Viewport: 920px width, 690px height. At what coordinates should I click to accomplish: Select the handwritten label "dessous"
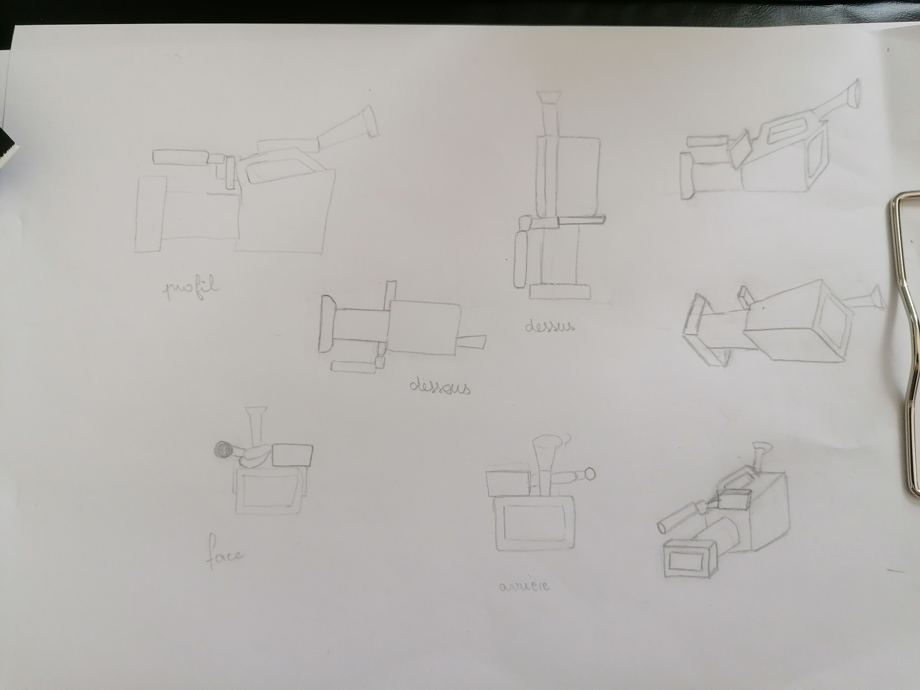[440, 388]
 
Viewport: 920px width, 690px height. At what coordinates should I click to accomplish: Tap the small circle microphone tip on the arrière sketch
[589, 474]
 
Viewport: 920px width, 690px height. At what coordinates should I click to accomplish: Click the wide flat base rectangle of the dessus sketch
[560, 291]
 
